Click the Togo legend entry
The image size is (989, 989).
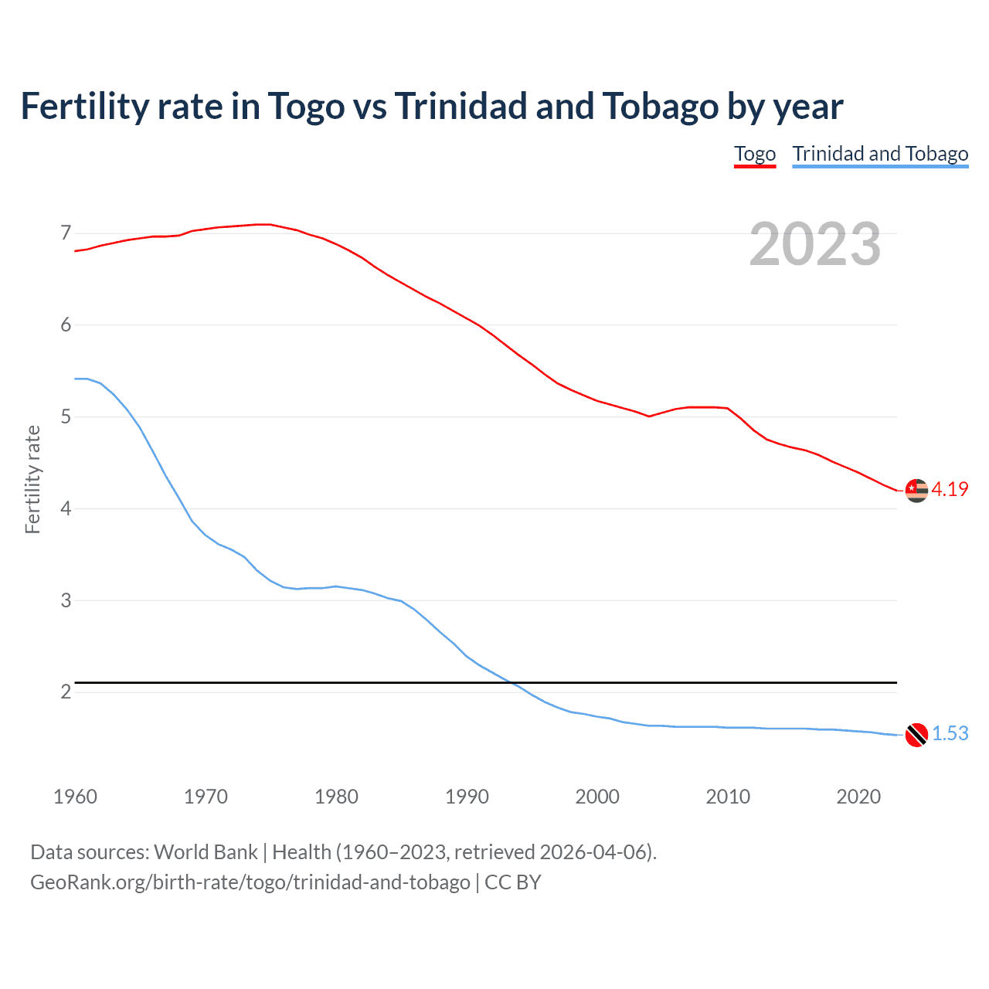754,154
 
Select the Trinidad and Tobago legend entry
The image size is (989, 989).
880,154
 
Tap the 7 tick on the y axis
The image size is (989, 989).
66,233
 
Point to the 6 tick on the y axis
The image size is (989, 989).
66,325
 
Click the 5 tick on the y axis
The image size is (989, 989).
66,417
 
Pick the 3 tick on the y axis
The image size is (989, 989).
66,600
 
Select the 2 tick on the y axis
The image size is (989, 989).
66,692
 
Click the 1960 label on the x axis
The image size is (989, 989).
75,797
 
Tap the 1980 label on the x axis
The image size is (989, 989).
336,797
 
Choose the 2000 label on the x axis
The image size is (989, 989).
597,797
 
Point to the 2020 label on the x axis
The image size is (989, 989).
858,797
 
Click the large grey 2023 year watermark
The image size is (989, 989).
815,244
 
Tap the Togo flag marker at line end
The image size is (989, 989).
916,490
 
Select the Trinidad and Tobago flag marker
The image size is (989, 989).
916,735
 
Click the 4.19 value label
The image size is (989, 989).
950,489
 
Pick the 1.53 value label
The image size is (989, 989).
950,733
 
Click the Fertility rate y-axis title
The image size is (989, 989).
32,479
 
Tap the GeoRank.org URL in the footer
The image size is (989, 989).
250,882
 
